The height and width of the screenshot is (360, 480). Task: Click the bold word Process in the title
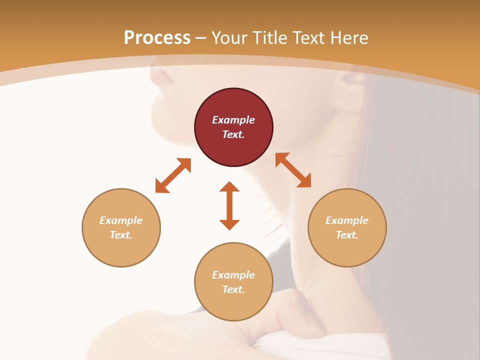pos(157,38)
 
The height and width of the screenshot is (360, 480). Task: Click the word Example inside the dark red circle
pos(233,120)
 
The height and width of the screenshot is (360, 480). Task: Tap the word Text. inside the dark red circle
pos(233,134)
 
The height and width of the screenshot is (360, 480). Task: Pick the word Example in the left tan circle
pos(121,220)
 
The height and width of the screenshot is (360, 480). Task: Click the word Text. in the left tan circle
pos(121,235)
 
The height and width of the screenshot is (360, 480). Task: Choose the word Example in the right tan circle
pos(347,220)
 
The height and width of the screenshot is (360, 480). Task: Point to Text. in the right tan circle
pos(347,235)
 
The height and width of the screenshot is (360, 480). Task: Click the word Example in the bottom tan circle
pos(233,275)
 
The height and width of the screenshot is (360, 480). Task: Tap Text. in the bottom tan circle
pos(233,289)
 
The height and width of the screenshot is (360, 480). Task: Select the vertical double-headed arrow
pos(229,205)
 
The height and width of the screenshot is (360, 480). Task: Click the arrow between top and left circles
pos(173,175)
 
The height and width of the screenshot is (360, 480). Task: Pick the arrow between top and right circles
pos(293,170)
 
